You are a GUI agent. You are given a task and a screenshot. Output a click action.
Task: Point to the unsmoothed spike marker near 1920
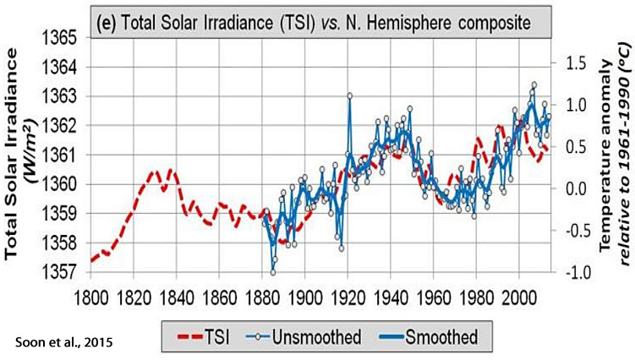coord(349,95)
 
